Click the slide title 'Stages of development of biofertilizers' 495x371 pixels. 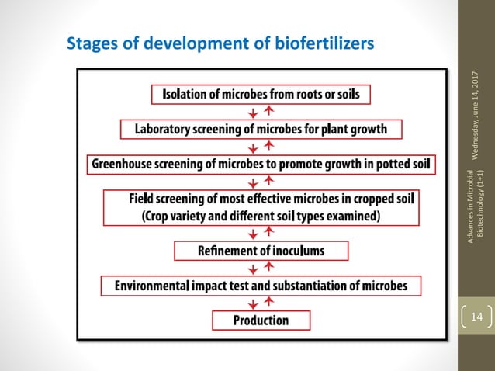(221, 42)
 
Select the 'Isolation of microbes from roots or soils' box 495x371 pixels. (261, 94)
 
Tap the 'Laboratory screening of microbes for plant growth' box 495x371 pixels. (261, 128)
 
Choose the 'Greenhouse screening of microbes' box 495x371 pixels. (261, 165)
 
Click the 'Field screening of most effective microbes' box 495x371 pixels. (261, 207)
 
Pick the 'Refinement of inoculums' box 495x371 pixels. (261, 251)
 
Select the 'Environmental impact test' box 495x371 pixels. (261, 286)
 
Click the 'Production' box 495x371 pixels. (261, 320)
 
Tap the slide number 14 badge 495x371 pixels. (476, 317)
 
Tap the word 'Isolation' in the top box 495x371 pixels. (187, 94)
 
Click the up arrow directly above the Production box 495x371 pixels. (268, 303)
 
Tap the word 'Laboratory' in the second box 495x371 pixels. (166, 128)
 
